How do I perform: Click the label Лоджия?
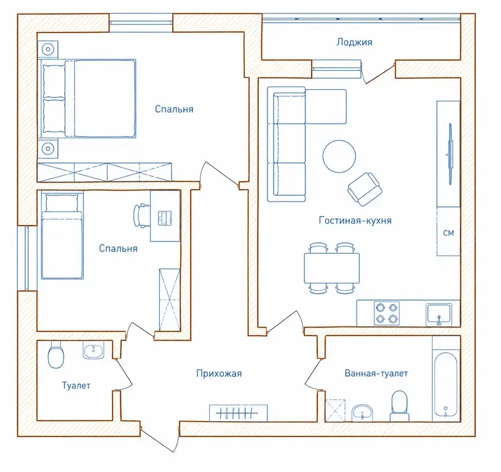[354, 42]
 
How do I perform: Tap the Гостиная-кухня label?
[355, 221]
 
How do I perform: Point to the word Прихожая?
[219, 373]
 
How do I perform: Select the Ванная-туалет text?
[376, 373]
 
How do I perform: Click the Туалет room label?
[76, 385]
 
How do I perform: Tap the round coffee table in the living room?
[339, 156]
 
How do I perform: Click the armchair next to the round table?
[365, 189]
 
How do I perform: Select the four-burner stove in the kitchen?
[387, 313]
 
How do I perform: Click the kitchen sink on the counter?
[439, 315]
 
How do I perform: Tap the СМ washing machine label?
[448, 233]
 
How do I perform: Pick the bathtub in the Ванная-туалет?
[446, 387]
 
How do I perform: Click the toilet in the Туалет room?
[55, 355]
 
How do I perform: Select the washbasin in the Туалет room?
[93, 350]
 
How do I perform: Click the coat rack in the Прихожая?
[238, 413]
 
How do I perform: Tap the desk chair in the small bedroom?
[141, 216]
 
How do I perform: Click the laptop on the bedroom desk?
[165, 218]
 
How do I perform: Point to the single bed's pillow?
[62, 202]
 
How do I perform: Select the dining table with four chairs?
[332, 268]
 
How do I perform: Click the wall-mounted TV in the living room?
[450, 154]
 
